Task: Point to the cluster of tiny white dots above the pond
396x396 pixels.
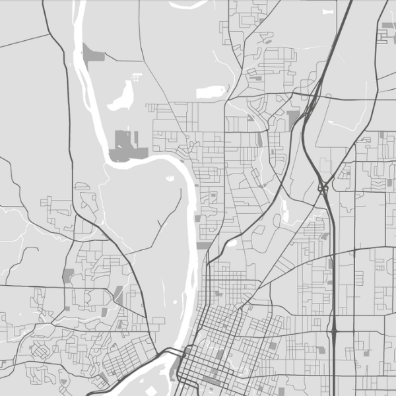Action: tap(136, 78)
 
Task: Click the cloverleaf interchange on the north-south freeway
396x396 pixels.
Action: tap(323, 189)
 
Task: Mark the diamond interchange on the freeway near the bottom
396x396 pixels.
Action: tap(334, 328)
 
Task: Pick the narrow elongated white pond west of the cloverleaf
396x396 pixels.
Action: tap(284, 210)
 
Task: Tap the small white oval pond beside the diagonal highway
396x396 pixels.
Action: tap(232, 242)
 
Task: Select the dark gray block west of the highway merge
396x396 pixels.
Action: tap(292, 119)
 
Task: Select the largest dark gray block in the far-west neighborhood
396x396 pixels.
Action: tap(68, 275)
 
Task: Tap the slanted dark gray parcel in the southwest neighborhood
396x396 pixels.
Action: tap(119, 292)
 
